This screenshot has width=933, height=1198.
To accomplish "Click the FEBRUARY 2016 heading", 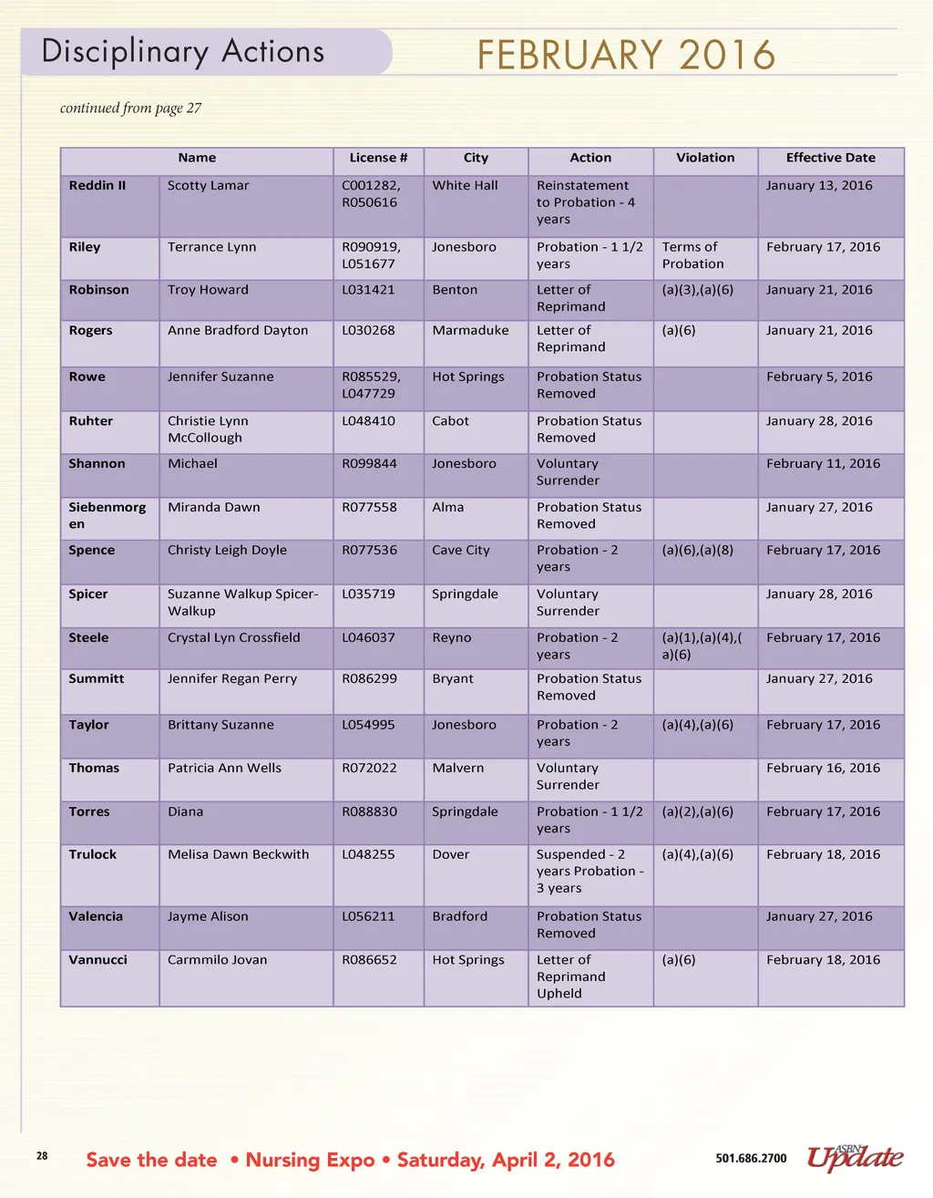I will [x=626, y=55].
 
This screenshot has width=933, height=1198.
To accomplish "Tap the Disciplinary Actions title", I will [x=183, y=52].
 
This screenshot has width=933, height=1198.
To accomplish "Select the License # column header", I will [x=378, y=158].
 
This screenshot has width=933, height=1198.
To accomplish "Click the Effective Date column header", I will [x=830, y=158].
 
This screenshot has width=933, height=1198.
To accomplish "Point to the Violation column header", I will [x=704, y=158].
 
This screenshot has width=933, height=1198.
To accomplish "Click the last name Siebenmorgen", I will [x=107, y=515].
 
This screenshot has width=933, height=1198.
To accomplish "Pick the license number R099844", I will [x=369, y=463].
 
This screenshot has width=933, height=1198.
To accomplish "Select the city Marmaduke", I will [x=470, y=330].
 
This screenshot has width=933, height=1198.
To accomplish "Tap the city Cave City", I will [x=460, y=550].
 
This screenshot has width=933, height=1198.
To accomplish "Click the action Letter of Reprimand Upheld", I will [x=570, y=976].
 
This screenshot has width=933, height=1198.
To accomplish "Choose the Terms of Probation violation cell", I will [x=692, y=255].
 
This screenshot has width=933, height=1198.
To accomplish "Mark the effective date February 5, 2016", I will [x=818, y=377].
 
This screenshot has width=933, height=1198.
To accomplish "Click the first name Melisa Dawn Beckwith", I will [x=238, y=854].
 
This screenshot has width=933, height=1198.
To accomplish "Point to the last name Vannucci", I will [x=98, y=960].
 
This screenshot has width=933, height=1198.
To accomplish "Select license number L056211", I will [x=368, y=916].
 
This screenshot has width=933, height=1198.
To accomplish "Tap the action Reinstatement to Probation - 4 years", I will [x=585, y=202].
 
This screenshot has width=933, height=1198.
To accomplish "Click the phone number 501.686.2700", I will [x=751, y=1159].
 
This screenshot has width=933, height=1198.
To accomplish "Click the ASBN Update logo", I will [x=855, y=1157].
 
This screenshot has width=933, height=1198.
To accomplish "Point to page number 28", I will [x=42, y=1156].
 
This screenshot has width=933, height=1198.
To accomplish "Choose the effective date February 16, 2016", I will [x=823, y=768].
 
